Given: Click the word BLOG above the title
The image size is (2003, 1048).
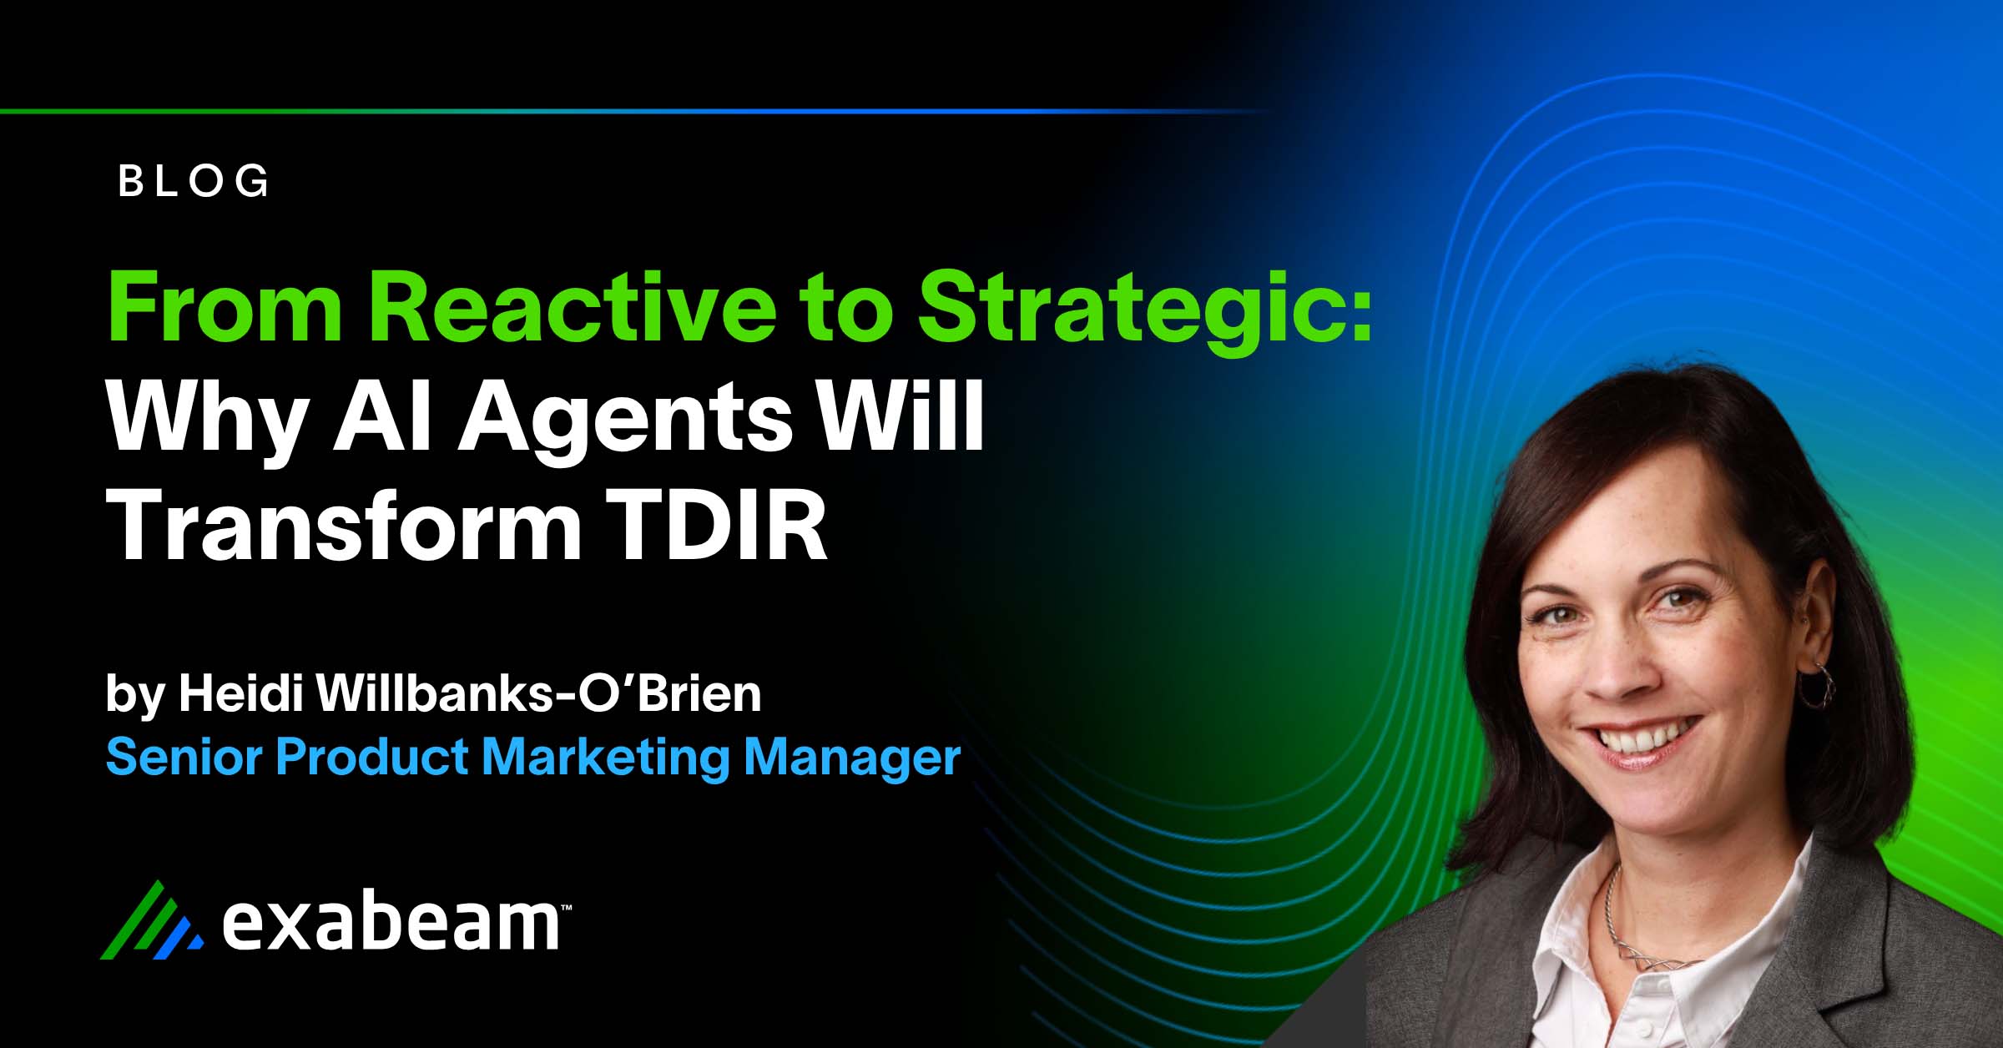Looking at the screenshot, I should click(194, 181).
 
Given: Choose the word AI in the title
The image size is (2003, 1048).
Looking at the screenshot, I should click(383, 417).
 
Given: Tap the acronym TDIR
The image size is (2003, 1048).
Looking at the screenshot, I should click(716, 526).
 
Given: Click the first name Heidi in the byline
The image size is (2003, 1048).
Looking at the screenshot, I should click(240, 693).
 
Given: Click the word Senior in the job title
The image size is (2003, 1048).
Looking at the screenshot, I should click(184, 757).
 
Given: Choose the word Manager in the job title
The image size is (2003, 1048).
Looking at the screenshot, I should click(852, 758).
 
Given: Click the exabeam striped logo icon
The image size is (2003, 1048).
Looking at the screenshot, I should click(151, 921).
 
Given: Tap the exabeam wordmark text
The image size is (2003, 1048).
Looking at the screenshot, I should click(392, 925).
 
